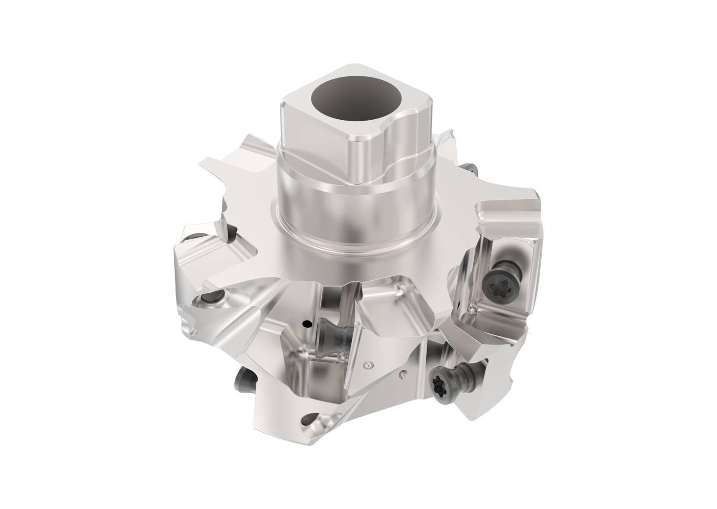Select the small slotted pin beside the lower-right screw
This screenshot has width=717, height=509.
click(403, 370)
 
